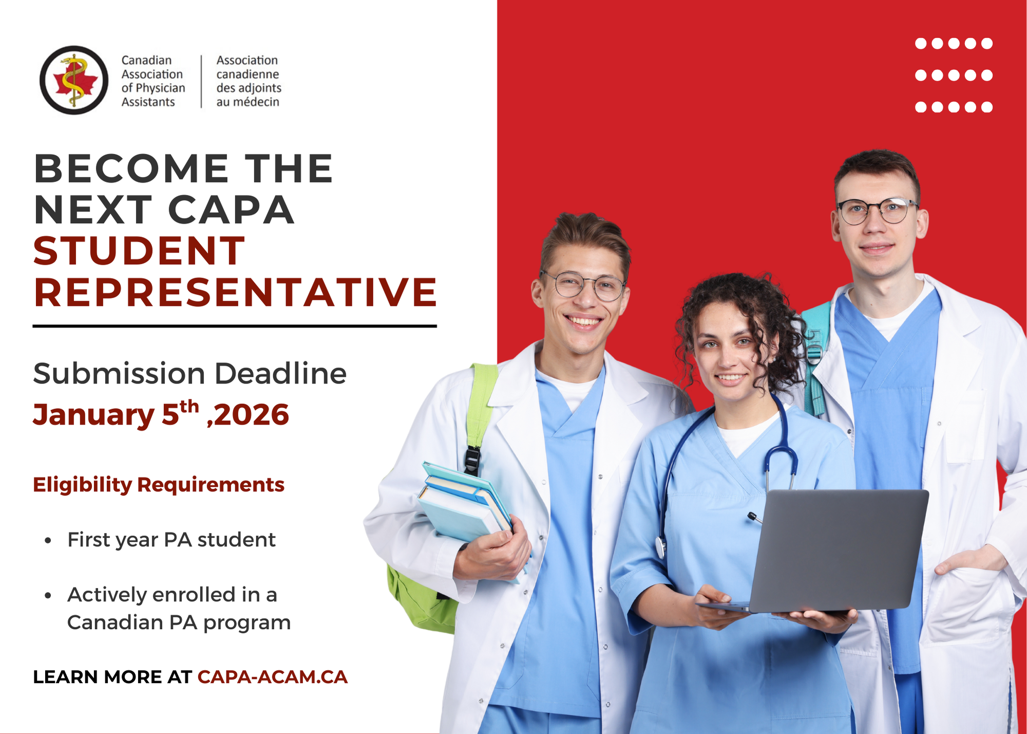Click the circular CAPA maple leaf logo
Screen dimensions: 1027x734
pyautogui.click(x=74, y=80)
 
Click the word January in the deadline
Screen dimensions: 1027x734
pyautogui.click(x=93, y=415)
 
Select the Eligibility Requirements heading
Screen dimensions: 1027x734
pyautogui.click(x=159, y=485)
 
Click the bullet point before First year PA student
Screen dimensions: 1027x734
pyautogui.click(x=48, y=541)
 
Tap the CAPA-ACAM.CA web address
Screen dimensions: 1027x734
pyautogui.click(x=273, y=677)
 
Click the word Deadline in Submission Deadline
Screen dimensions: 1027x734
pyautogui.click(x=280, y=373)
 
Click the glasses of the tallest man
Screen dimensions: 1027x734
pyautogui.click(x=877, y=211)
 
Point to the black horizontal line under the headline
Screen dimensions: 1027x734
pyautogui.click(x=235, y=326)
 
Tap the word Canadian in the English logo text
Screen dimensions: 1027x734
pyautogui.click(x=146, y=60)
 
